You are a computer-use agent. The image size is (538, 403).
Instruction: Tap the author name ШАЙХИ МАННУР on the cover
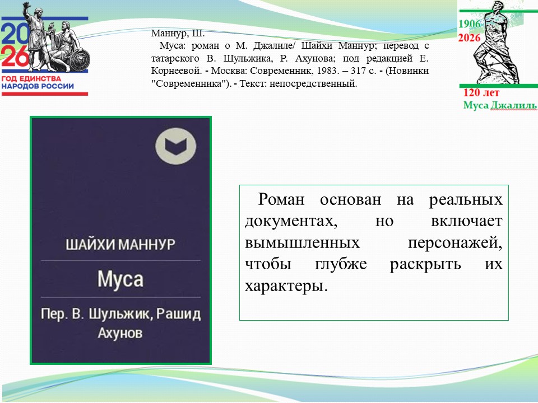click(120, 245)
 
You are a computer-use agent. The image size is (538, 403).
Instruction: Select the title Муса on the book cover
click(120, 278)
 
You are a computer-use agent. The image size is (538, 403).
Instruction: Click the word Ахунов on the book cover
click(120, 333)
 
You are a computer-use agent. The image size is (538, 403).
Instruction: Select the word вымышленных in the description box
click(302, 243)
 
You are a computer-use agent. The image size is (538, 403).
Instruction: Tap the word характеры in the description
click(285, 286)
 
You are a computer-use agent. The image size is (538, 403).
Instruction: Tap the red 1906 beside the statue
click(470, 24)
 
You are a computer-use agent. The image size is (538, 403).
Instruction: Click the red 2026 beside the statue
click(470, 38)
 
